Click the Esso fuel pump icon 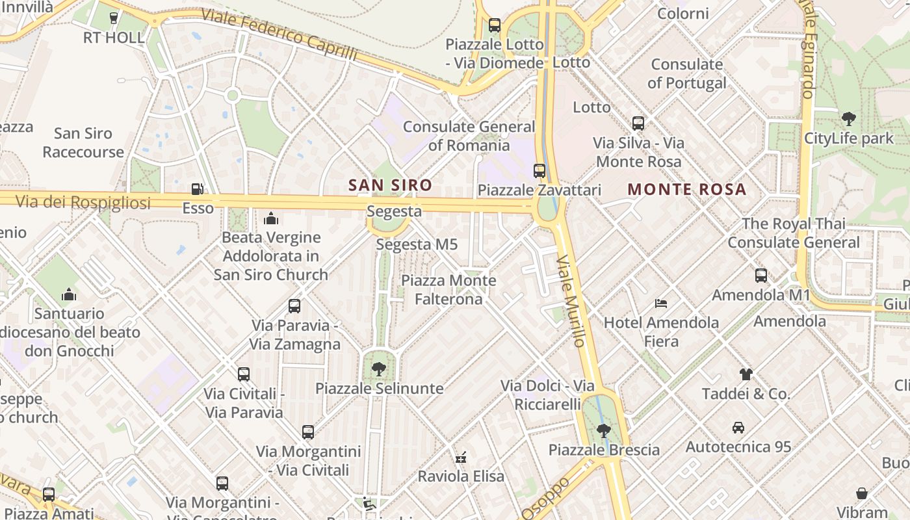197,189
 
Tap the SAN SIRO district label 390,185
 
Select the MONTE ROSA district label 687,190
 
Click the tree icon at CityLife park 848,119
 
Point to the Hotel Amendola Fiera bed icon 661,303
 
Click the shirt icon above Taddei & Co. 746,374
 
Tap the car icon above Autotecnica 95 738,428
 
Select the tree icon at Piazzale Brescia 604,430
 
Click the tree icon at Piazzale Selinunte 379,369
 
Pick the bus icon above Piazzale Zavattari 539,171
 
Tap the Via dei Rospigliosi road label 83,202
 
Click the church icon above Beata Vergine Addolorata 271,218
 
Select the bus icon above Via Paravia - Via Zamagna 294,306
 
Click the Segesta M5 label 417,245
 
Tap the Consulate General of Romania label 469,136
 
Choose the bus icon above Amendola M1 761,276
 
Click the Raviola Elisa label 461,476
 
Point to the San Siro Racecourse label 83,143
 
